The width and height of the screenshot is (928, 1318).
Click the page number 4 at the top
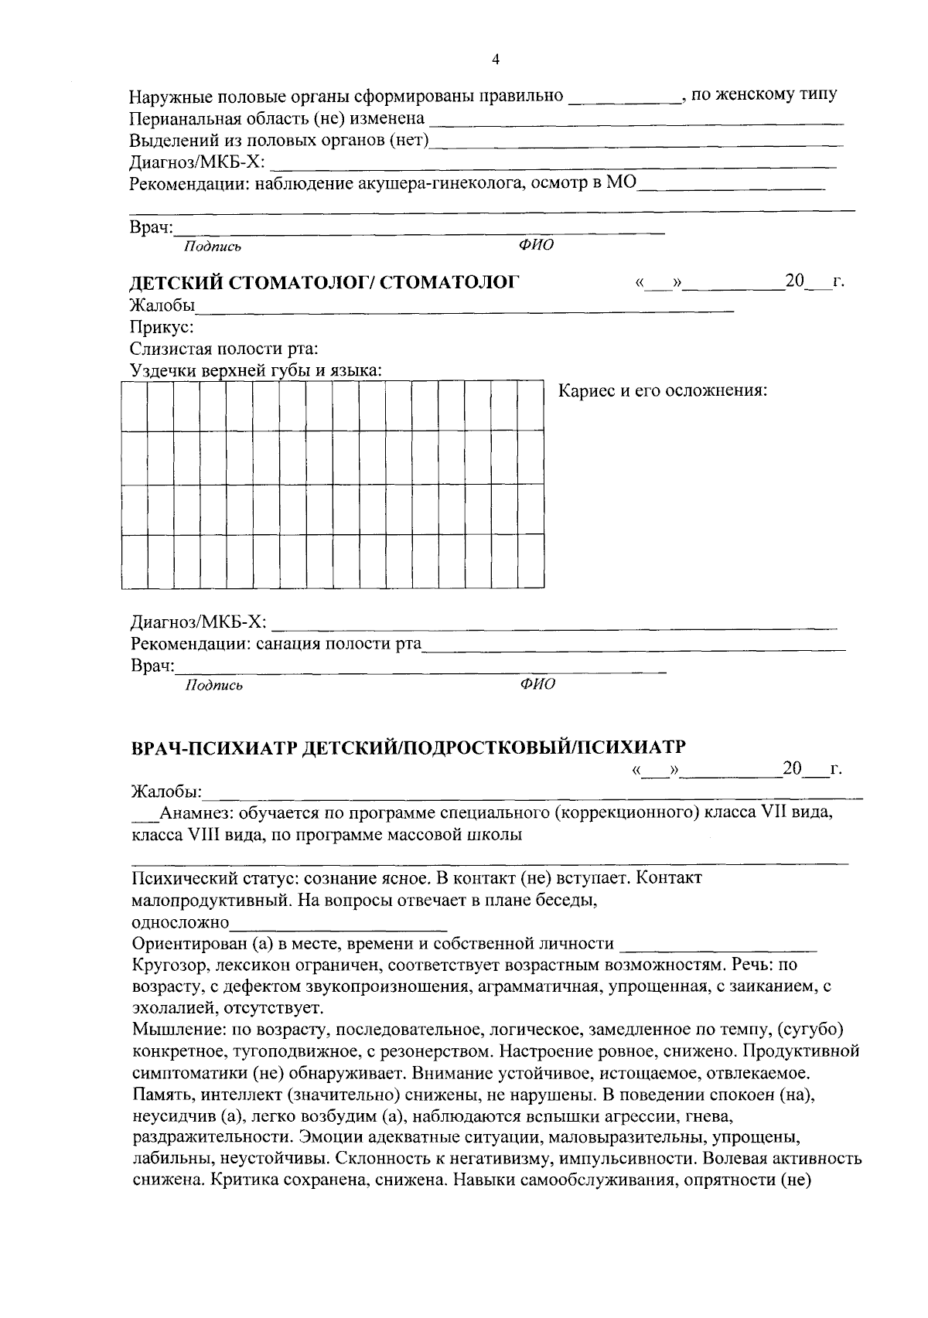click(496, 60)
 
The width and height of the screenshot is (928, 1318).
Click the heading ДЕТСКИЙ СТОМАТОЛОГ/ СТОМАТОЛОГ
click(322, 283)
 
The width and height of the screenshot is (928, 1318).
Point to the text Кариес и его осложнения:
click(663, 390)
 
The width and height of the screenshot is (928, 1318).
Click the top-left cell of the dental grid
click(134, 405)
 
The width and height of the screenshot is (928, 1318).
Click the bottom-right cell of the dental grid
click(531, 561)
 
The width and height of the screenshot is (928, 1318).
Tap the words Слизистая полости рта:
click(223, 349)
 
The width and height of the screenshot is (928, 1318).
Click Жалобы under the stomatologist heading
click(162, 305)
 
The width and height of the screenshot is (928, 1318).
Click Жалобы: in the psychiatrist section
click(166, 792)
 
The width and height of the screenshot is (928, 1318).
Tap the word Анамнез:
click(196, 813)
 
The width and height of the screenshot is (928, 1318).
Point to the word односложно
click(180, 922)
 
